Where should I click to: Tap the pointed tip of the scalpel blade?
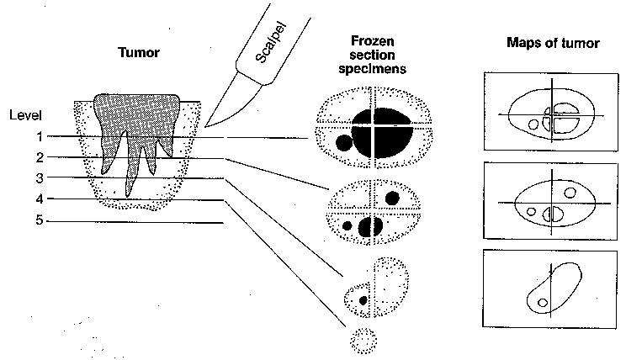point(204,127)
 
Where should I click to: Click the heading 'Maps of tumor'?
point(553,43)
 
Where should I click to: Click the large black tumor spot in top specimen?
point(382,131)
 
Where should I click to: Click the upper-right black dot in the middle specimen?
point(392,198)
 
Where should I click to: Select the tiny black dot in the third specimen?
point(363,299)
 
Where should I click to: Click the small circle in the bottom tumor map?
point(544,302)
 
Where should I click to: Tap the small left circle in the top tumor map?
point(532,124)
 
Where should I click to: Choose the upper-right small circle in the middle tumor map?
point(570,192)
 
